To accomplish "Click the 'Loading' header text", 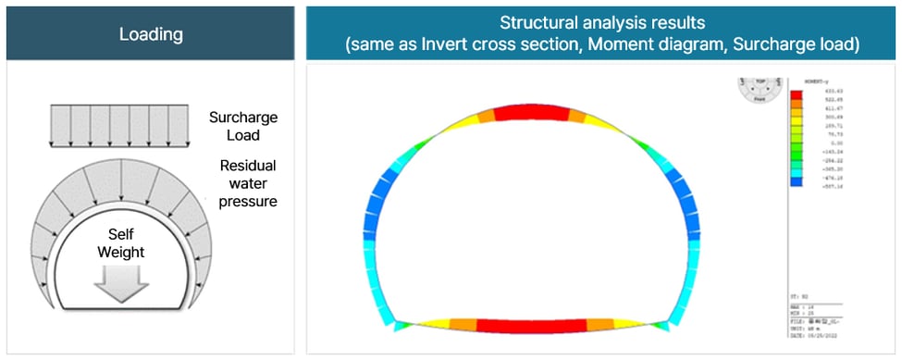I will pyautogui.click(x=151, y=35).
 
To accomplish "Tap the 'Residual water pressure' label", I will pyautogui.click(x=249, y=182).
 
